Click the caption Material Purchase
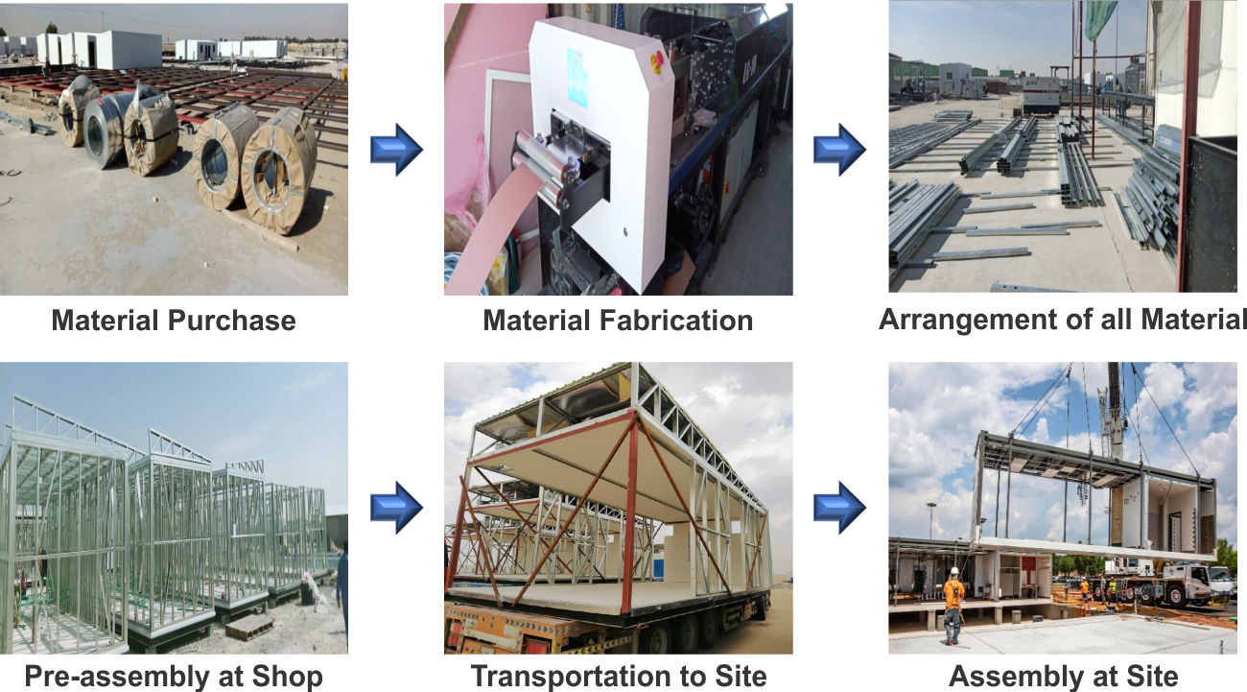point(174,320)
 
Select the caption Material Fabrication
point(618,320)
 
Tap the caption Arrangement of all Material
point(1062,319)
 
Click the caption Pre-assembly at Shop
point(174,677)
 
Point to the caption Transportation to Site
point(619,677)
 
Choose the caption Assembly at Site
point(1063,677)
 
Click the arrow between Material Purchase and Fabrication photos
point(396,150)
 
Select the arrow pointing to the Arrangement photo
point(839,150)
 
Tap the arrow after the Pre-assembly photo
point(396,507)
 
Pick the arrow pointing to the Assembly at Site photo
point(839,507)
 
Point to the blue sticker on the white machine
point(577,77)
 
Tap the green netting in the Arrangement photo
point(1099,19)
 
